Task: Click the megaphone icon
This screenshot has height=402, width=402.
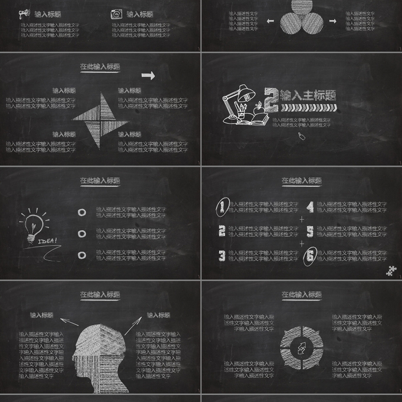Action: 24,14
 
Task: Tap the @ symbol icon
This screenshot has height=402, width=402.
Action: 116,14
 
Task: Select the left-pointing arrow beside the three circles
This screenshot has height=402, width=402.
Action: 270,21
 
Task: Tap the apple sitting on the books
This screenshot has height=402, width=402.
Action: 258,107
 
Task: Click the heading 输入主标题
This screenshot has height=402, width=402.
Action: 308,95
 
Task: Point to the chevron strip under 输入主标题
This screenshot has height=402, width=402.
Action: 308,108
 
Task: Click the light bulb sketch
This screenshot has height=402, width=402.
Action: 33,223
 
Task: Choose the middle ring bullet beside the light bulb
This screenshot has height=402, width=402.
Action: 81,234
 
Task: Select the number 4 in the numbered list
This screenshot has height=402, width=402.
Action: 311,207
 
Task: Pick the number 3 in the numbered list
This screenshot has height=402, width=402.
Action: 222,256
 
